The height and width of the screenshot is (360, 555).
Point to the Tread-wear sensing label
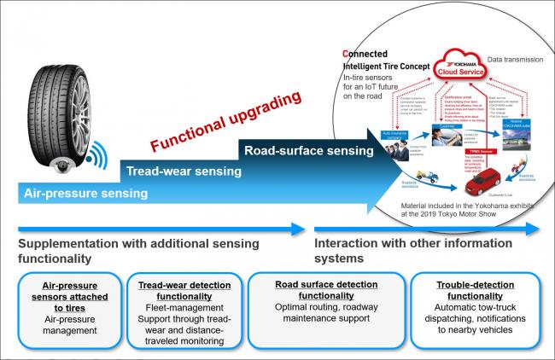(x=178, y=171)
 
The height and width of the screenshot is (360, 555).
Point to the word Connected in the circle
(x=369, y=54)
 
